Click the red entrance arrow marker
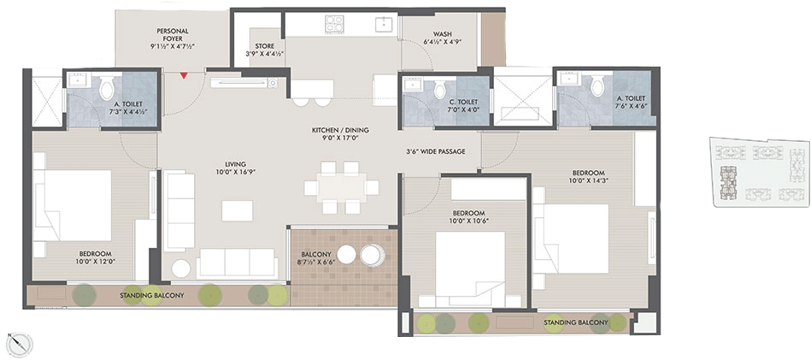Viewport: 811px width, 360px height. (184, 75)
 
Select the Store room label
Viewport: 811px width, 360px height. (264, 50)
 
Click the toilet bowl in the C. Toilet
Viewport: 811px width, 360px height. (439, 89)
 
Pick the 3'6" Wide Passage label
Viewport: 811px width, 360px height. (436, 151)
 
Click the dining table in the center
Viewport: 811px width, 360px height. (342, 187)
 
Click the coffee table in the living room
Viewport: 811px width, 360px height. (238, 210)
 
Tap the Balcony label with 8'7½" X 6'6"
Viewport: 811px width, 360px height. (316, 258)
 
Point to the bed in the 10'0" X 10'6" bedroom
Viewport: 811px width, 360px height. (470, 269)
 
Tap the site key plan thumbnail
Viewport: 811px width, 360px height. (758, 172)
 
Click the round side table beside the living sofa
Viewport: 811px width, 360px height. (181, 269)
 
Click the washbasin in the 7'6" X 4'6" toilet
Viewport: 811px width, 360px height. (569, 80)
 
